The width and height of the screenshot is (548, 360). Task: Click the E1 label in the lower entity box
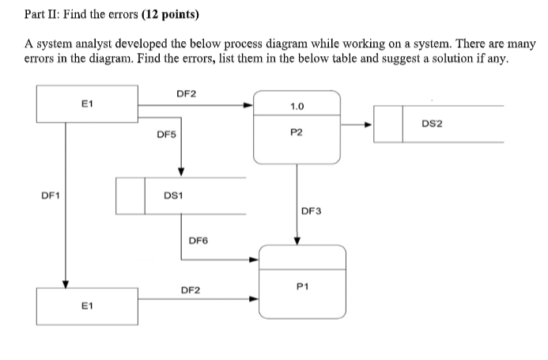87,305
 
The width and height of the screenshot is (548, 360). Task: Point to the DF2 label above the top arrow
187,93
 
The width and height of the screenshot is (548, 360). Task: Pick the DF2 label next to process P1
191,290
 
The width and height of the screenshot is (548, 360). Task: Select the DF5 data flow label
166,135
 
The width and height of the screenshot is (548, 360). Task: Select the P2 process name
297,134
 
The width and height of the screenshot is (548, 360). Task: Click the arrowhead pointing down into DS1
181,173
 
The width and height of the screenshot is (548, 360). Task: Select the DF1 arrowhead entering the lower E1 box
66,286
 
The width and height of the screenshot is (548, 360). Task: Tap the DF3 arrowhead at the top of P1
297,241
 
